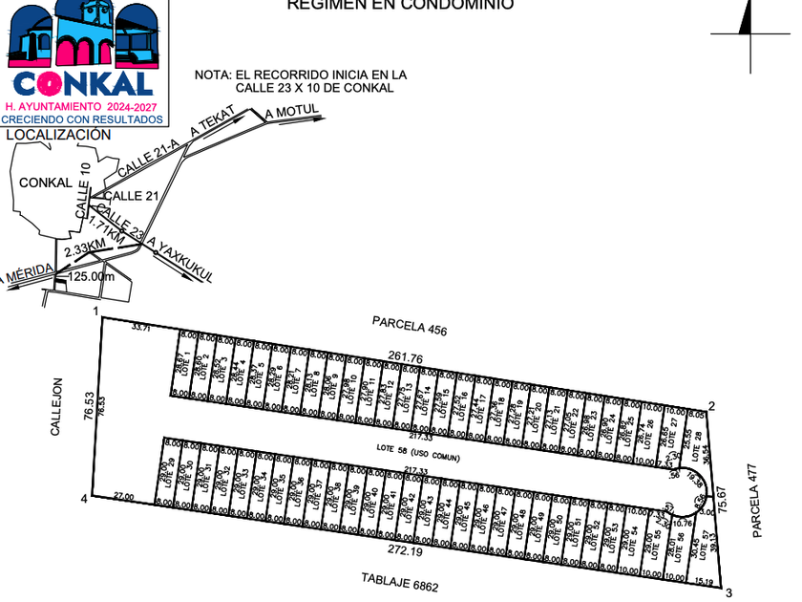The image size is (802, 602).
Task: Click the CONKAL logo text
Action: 83,82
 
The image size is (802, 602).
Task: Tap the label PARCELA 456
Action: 410,327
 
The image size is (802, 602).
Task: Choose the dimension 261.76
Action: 406,356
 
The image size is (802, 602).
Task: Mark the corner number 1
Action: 96,312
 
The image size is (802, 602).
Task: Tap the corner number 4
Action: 84,499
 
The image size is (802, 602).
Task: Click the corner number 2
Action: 711,406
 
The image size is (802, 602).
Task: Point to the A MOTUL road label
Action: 296,114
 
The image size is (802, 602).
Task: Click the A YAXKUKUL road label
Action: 180,260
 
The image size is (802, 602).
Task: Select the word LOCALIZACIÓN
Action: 58,135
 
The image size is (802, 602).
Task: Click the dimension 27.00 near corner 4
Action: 123,497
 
